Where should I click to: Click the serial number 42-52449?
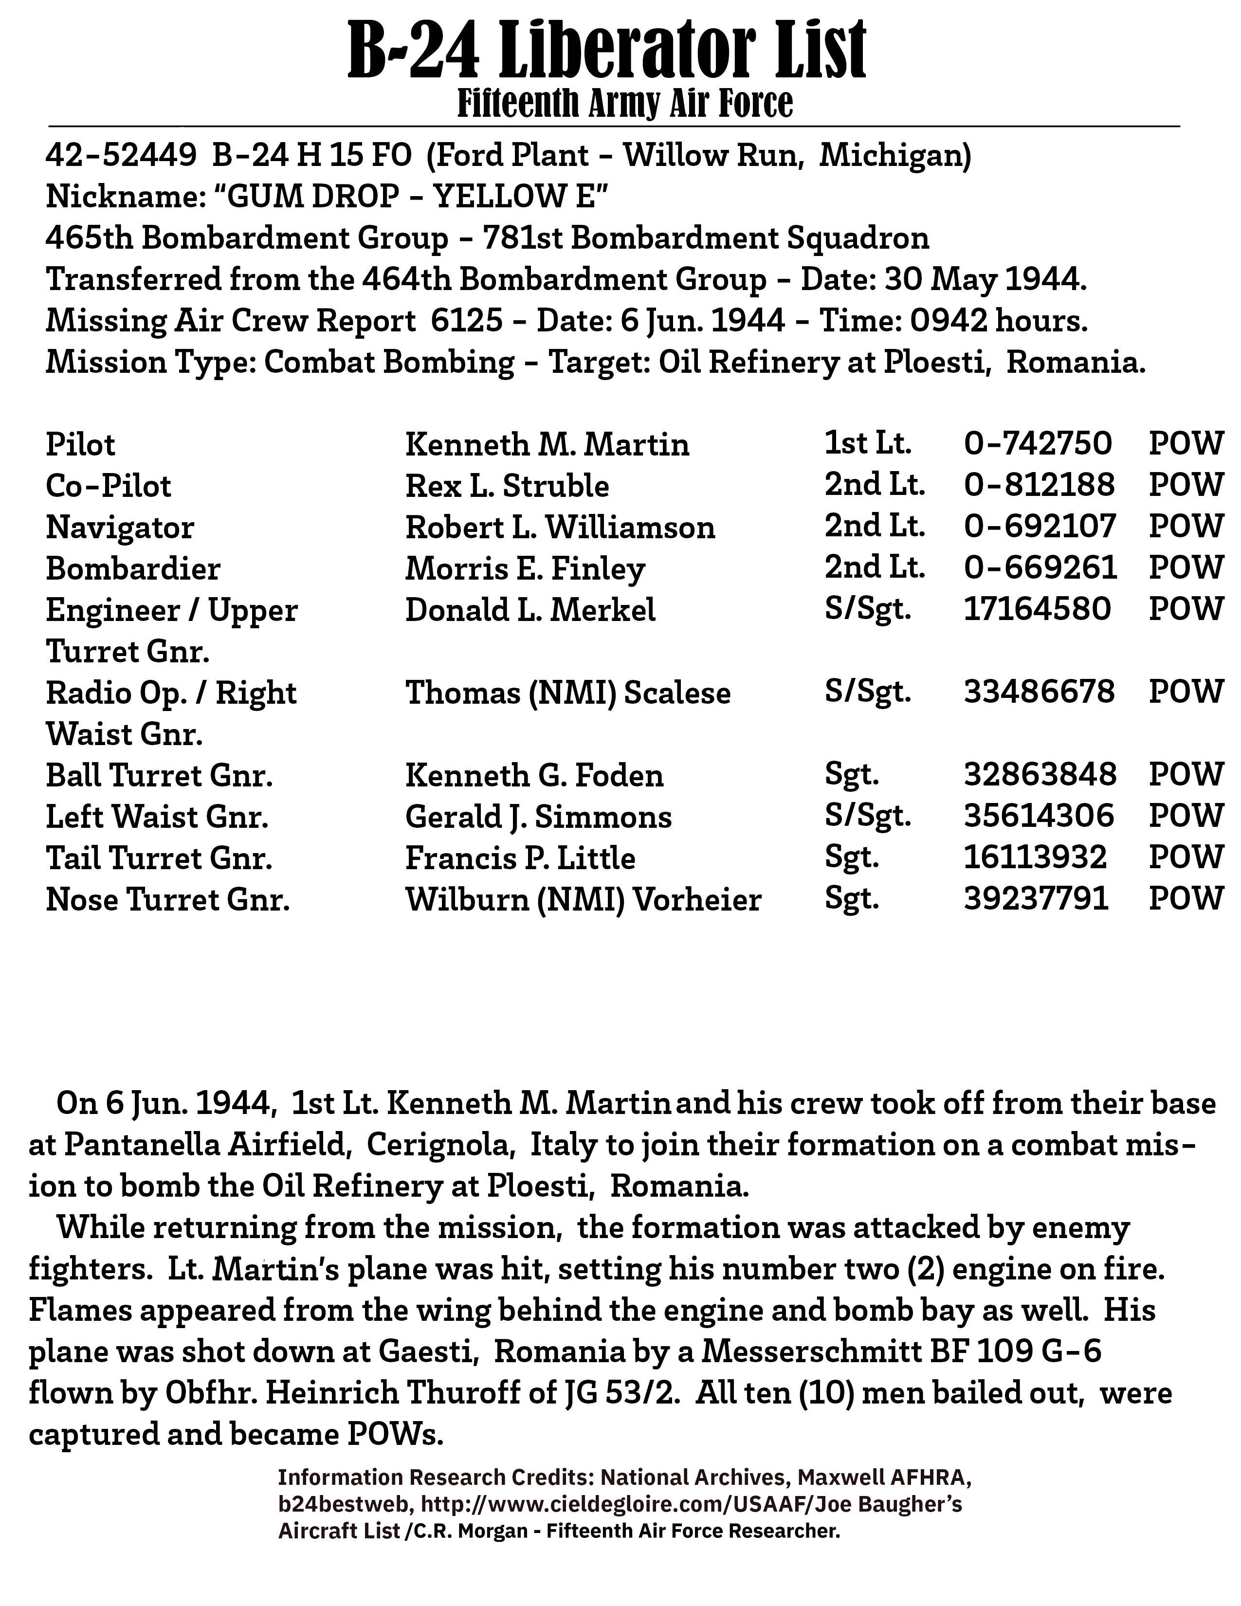coord(121,156)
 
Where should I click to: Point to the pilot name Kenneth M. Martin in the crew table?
coord(547,445)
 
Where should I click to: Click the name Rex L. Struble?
coord(507,486)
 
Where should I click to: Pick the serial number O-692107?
coord(1040,527)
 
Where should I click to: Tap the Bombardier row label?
coord(133,568)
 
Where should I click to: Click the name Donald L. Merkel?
coord(530,610)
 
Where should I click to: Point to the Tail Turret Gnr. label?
coord(159,858)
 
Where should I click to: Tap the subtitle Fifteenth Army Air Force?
coord(625,104)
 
